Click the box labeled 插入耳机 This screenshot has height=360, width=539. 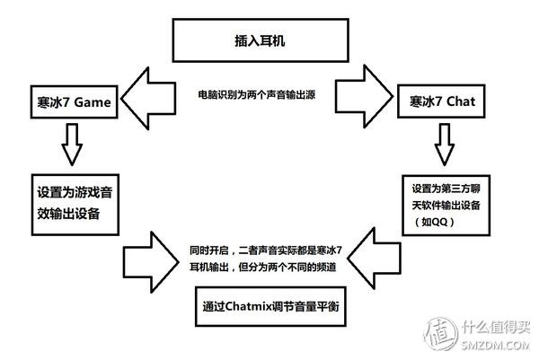coord(269,41)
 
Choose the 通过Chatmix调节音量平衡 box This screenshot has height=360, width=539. coord(269,305)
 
